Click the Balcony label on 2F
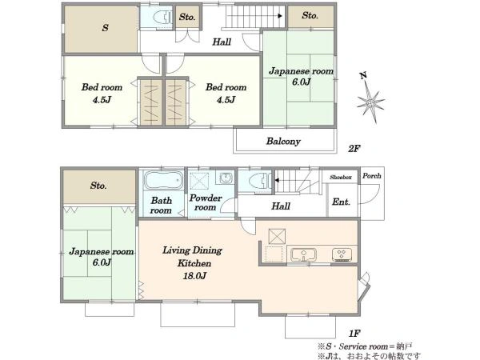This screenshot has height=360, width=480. (x=283, y=141)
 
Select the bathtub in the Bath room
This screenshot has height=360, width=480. (x=163, y=181)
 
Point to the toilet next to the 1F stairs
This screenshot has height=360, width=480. (x=260, y=181)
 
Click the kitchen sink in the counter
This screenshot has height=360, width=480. (x=303, y=254)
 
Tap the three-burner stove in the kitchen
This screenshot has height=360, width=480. (x=342, y=254)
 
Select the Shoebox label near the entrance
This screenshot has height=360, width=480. (x=341, y=178)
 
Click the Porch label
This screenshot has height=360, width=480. (x=372, y=176)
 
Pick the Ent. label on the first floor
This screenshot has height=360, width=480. (x=341, y=202)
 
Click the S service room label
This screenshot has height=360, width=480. (x=105, y=28)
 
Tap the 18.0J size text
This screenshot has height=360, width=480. (x=194, y=275)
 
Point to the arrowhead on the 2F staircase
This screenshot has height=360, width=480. (x=280, y=16)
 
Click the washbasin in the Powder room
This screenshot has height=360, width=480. (x=226, y=178)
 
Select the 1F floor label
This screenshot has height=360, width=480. (x=354, y=334)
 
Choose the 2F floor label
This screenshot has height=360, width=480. (x=354, y=149)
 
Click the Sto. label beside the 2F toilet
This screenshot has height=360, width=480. (x=187, y=17)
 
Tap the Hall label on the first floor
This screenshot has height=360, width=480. (x=281, y=206)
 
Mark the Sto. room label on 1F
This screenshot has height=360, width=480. (x=98, y=186)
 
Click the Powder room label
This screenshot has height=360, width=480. (x=206, y=202)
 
